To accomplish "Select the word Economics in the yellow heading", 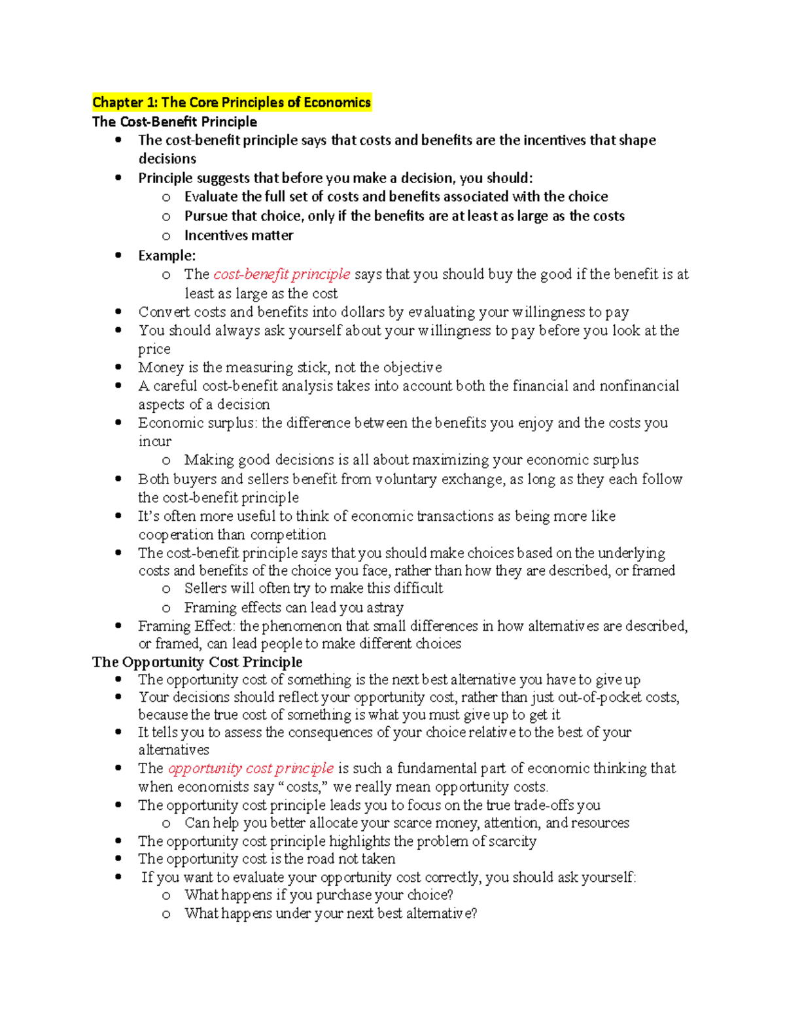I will pyautogui.click(x=337, y=102).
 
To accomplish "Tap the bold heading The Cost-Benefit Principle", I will pyautogui.click(x=175, y=122).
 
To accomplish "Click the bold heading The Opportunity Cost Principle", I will pyautogui.click(x=197, y=661).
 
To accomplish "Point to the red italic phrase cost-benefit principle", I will pyautogui.click(x=282, y=274).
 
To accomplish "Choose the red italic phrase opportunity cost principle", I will pyautogui.click(x=251, y=768).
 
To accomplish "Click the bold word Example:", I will pyautogui.click(x=167, y=255).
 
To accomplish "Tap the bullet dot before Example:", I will pyautogui.click(x=118, y=255).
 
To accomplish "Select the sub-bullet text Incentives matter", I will pyautogui.click(x=239, y=236).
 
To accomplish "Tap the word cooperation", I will pyautogui.click(x=176, y=534).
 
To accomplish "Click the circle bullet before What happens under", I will pyautogui.click(x=166, y=914).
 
